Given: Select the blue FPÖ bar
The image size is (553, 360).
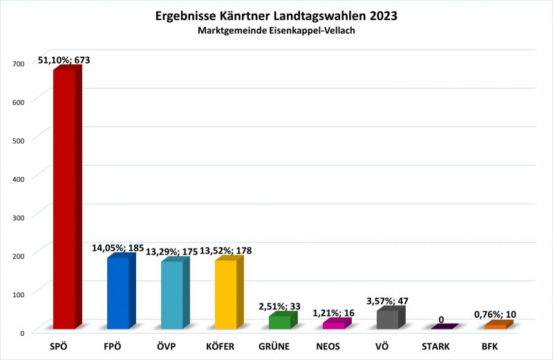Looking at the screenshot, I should point(118,293).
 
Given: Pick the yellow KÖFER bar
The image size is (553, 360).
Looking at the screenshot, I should point(226,294).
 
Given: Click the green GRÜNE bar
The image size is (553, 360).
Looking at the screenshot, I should point(279,322).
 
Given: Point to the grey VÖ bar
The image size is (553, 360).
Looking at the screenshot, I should point(388,319).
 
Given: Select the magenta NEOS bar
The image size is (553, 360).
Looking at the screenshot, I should point(333,324).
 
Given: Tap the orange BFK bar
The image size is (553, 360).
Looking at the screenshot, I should point(495,325).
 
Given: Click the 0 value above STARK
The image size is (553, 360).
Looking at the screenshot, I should point(441,319).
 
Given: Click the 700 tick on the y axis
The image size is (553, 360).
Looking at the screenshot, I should point(18,64).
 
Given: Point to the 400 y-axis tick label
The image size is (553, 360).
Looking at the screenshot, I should point(18,178).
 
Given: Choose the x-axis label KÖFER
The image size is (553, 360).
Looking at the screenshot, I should point(225,346).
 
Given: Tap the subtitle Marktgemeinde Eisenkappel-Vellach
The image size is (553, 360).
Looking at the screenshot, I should point(276,31).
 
